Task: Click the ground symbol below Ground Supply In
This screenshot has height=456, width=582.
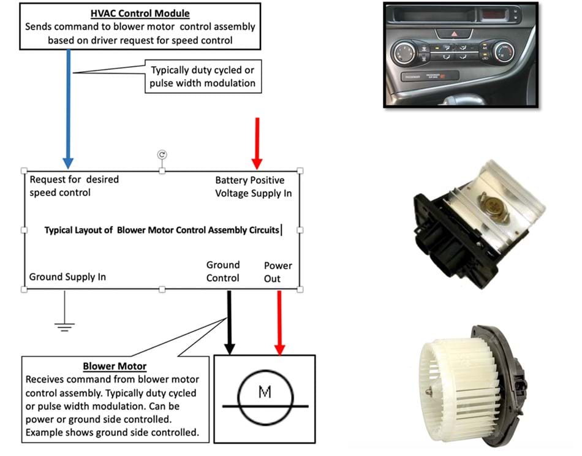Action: [x=64, y=325]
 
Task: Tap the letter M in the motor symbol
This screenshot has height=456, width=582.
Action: [x=265, y=391]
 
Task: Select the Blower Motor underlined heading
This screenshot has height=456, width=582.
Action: [x=115, y=367]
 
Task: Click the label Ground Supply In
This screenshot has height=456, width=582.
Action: [x=67, y=277]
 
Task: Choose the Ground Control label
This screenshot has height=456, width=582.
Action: [x=223, y=272]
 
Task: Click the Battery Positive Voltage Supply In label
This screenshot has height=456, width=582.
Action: [x=253, y=187]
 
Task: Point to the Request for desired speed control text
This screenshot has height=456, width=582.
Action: [x=74, y=186]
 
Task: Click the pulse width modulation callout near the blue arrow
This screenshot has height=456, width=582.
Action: [x=202, y=77]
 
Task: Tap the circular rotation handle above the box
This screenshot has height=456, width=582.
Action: [x=162, y=155]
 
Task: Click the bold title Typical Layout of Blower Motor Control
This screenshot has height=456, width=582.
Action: [x=162, y=230]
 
